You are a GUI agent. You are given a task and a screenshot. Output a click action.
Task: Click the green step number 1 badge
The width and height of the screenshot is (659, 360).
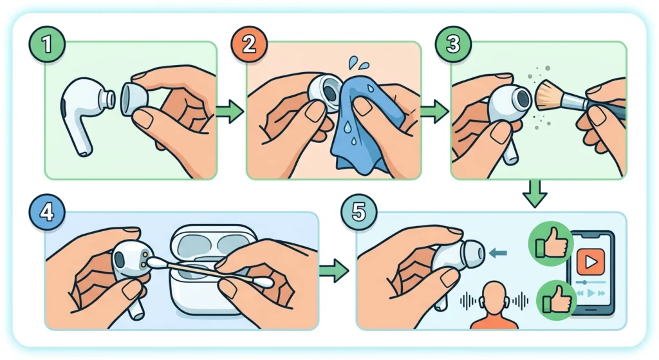coord(46,44)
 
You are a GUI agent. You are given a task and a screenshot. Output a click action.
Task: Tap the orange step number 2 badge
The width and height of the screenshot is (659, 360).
coord(249,44)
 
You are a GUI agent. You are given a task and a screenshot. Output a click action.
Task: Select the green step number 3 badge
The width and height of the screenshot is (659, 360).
coord(452,44)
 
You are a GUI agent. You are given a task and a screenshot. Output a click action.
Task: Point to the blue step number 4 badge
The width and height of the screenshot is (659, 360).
coord(46,211)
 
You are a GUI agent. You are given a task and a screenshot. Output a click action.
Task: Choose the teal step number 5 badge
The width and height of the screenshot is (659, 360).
coord(358,211)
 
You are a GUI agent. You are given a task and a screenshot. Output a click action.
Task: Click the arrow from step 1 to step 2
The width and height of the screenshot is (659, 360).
coord(230,111)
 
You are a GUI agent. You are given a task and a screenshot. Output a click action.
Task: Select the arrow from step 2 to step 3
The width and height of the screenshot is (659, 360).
coord(434,111)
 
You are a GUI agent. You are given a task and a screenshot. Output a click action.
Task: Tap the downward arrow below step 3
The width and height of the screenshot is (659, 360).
coord(535,193)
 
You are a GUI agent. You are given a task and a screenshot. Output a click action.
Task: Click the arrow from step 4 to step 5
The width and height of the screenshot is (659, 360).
coord(334,270)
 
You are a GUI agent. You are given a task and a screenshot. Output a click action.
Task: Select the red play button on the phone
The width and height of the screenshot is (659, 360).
coord(591,261)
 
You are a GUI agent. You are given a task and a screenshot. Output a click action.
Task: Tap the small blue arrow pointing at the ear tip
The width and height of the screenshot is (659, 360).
coord(499,253)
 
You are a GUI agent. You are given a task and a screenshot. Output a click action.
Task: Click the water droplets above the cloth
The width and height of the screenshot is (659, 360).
coord(358,64)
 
